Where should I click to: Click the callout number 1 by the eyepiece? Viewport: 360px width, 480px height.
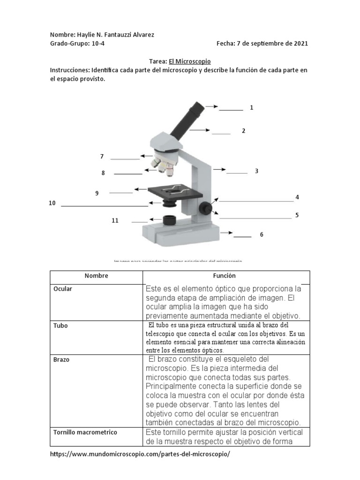tap(252, 108)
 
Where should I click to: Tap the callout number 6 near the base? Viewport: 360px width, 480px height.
tap(262, 234)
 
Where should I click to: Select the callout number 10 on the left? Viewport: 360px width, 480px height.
tap(52, 203)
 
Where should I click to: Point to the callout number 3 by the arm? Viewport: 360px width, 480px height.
tap(256, 172)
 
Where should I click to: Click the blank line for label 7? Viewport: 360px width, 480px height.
tap(125, 159)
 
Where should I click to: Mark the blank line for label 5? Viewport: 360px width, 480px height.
tap(255, 218)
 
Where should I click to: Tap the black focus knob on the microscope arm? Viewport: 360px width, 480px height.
tap(205, 207)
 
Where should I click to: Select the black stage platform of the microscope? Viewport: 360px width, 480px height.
tap(175, 191)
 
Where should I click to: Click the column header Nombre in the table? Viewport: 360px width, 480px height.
tap(97, 276)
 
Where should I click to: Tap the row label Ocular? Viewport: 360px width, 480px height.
tap(63, 289)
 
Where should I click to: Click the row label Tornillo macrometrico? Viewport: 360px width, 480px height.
tap(85, 432)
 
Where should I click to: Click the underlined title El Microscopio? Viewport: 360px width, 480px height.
tap(193, 61)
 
